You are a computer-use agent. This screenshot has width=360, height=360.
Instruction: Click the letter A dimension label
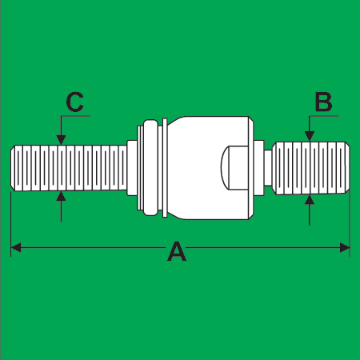177,251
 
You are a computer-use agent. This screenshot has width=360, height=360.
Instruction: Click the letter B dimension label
323,102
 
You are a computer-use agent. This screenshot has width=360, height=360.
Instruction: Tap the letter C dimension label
75,102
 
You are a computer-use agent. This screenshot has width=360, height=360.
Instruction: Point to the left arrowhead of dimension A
16,247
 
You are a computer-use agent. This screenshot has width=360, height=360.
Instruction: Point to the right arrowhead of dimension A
345,247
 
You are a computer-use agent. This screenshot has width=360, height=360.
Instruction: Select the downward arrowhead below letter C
61,140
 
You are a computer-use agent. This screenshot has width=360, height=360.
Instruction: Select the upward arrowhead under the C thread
62,196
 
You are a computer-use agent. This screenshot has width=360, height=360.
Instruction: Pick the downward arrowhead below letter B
310,136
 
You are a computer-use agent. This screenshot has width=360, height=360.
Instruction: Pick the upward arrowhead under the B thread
310,200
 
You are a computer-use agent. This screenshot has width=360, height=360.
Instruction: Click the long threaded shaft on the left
69,168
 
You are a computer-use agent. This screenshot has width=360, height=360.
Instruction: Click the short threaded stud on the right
311,168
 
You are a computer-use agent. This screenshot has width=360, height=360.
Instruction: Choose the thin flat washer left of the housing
165,168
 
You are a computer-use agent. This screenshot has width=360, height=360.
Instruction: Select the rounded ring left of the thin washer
150,168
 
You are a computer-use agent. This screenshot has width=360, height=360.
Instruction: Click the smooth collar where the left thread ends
132,168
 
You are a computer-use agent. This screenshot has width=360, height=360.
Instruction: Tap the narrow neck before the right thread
268,168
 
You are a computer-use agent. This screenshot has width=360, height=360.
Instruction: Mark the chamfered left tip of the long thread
13,168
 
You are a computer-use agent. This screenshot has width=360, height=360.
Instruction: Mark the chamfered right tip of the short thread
347,168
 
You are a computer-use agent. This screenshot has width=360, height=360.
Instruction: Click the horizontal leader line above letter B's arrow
323,116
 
